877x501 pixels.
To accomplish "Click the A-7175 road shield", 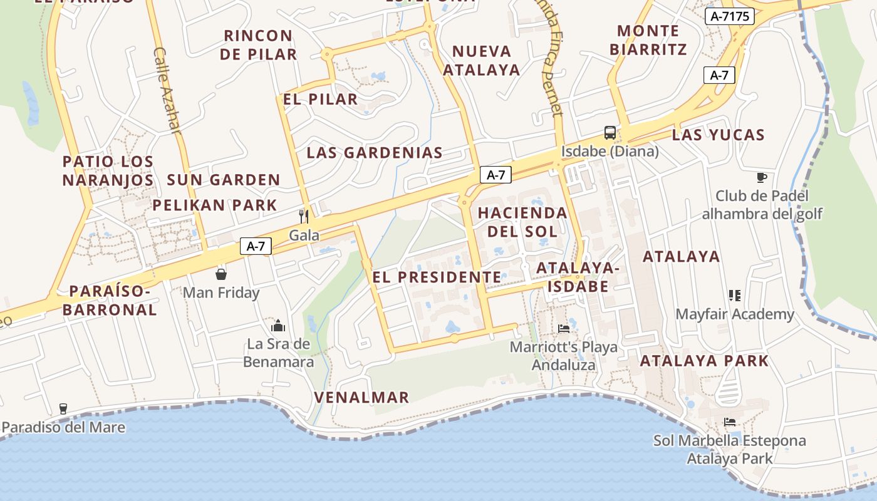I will pyautogui.click(x=729, y=16).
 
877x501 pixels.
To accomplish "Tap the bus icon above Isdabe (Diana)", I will pyautogui.click(x=610, y=132).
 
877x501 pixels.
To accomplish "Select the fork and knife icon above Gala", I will pyautogui.click(x=304, y=216).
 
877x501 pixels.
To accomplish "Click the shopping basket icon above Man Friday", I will pyautogui.click(x=221, y=274).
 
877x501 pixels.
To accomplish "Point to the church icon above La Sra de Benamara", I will pyautogui.click(x=278, y=325).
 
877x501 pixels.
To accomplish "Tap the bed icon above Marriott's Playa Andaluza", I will pyautogui.click(x=564, y=328).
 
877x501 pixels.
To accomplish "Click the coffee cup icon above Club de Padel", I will pyautogui.click(x=762, y=177).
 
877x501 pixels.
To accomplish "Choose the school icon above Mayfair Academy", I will pyautogui.click(x=734, y=295).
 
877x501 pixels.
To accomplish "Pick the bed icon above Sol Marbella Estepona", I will pyautogui.click(x=730, y=422).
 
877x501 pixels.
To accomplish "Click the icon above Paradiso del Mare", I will pyautogui.click(x=63, y=409).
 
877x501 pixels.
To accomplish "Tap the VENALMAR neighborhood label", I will pyautogui.click(x=361, y=397).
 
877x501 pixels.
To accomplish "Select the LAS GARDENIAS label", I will pyautogui.click(x=375, y=152).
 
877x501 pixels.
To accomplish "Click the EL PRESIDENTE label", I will pyautogui.click(x=437, y=277).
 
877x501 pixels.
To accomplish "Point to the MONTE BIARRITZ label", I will pyautogui.click(x=648, y=39).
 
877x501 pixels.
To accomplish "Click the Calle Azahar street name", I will pyautogui.click(x=167, y=90).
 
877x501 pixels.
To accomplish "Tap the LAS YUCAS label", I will pyautogui.click(x=719, y=135).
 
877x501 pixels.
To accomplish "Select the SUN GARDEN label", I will pyautogui.click(x=224, y=180).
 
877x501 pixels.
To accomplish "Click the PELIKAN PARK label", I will pyautogui.click(x=215, y=205).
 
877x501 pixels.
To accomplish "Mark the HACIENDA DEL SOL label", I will pyautogui.click(x=522, y=222).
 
